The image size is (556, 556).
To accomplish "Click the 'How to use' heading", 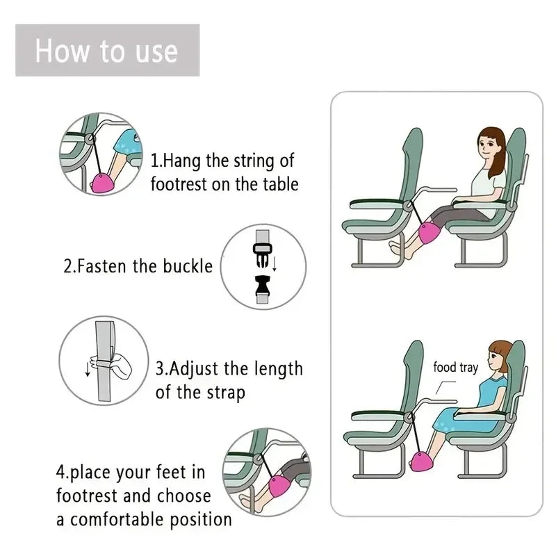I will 106,51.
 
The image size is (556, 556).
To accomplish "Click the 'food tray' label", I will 455,367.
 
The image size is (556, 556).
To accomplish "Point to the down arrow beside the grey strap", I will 88,368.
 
